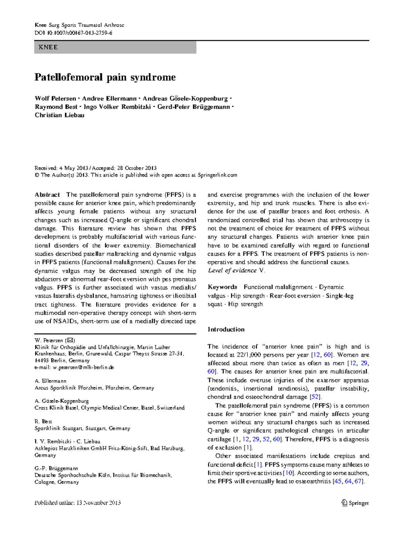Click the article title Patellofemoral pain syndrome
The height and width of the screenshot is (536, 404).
coord(105,77)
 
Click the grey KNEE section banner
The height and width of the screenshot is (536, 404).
coord(115,47)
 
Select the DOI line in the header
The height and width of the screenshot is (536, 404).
coord(73,33)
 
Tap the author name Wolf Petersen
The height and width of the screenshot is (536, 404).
coord(56,99)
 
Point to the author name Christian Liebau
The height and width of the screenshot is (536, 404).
coord(60,115)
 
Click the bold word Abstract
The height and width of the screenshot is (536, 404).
coord(47,195)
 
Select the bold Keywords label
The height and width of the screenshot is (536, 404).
coord(223,287)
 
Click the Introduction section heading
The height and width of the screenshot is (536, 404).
coord(226,329)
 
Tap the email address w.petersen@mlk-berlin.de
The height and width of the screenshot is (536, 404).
coord(83,367)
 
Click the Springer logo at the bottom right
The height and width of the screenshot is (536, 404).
coord(355,503)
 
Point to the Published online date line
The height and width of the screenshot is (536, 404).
coord(77,503)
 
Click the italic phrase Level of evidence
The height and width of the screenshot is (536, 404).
coord(232,271)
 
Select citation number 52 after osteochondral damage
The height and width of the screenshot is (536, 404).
coord(315,397)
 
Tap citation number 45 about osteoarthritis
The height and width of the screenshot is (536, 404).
coord(338,481)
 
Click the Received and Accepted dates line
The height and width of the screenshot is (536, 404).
coord(96,168)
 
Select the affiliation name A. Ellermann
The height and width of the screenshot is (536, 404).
coord(50,381)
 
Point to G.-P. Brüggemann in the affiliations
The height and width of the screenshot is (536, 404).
coord(56,468)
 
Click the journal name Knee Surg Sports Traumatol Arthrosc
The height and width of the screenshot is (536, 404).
coord(79,25)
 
